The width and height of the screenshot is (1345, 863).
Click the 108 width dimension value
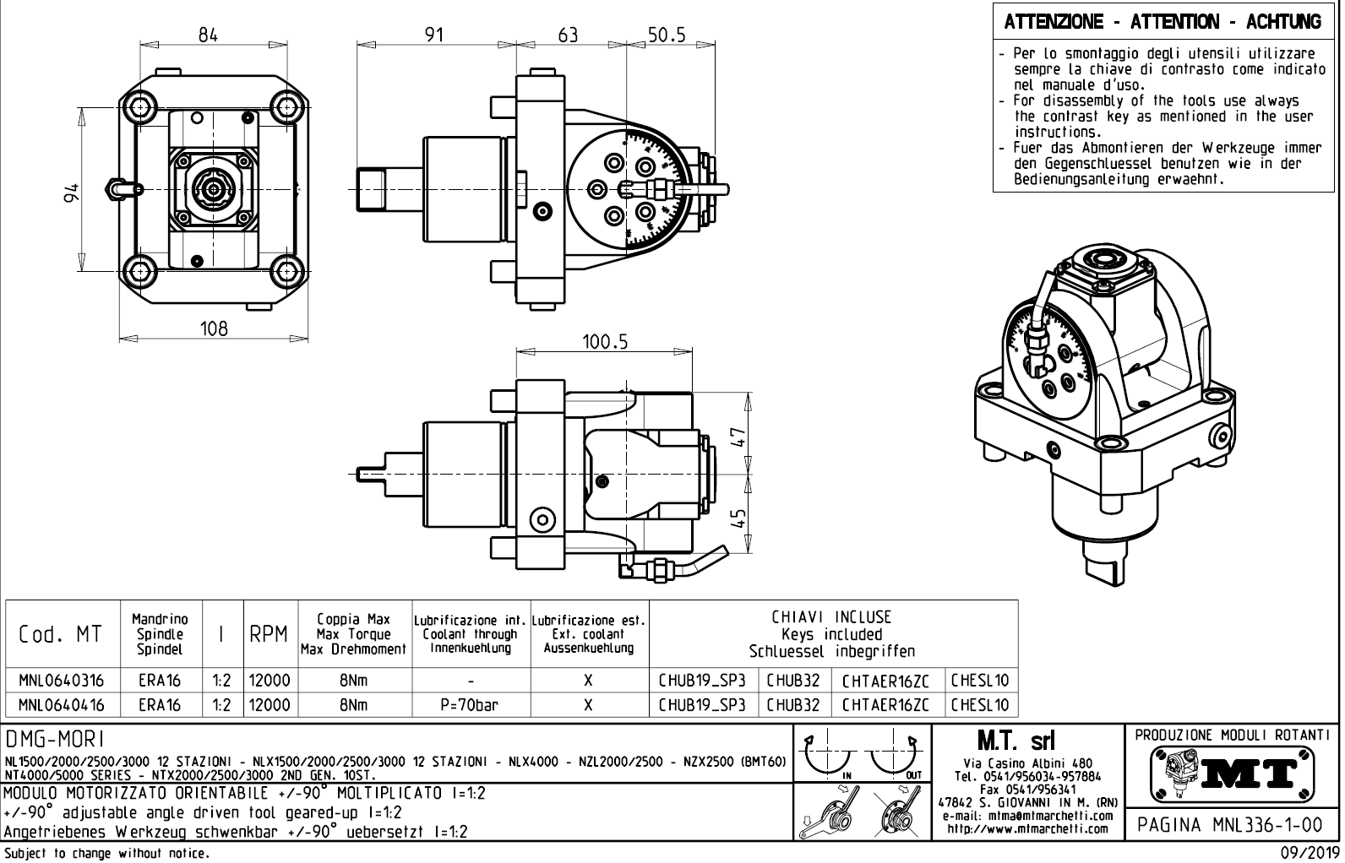(x=214, y=328)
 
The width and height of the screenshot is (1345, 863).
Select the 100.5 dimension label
(x=606, y=341)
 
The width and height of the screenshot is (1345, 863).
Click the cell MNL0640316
(x=63, y=681)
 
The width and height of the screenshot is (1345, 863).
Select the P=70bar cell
(x=471, y=704)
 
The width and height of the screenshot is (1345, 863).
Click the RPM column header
(x=270, y=634)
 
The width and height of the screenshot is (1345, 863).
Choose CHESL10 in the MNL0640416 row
(x=980, y=704)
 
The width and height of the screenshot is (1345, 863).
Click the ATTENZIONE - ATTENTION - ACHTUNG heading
(x=1163, y=22)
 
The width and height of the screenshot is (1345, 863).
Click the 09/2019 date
(x=1306, y=854)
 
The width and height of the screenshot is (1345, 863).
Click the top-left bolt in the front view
(x=139, y=106)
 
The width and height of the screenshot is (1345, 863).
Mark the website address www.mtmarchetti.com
(x=1027, y=828)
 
